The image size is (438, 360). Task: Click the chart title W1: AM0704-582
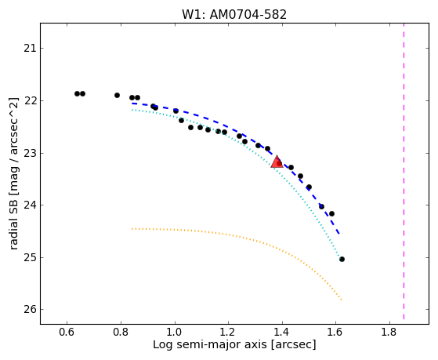click(234, 15)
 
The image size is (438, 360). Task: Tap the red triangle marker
click(277, 162)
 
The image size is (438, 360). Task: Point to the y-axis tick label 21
click(30, 49)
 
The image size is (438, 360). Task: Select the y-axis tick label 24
click(30, 205)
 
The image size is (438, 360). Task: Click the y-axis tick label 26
click(30, 309)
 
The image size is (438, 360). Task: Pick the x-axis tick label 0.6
click(67, 332)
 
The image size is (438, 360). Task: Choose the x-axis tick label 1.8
click(389, 332)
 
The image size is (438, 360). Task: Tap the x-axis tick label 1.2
click(228, 332)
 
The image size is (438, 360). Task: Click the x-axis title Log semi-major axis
click(209, 345)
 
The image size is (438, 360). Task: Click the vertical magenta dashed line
click(404, 171)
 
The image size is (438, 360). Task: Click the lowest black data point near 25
click(342, 260)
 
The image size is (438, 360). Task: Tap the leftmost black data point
click(77, 93)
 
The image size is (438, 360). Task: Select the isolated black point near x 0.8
click(117, 96)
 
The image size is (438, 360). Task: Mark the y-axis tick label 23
click(30, 153)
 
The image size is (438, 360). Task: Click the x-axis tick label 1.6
click(335, 332)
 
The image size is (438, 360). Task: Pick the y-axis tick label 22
click(30, 100)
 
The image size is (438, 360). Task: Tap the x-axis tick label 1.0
click(175, 332)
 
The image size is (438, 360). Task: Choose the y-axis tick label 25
click(30, 257)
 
